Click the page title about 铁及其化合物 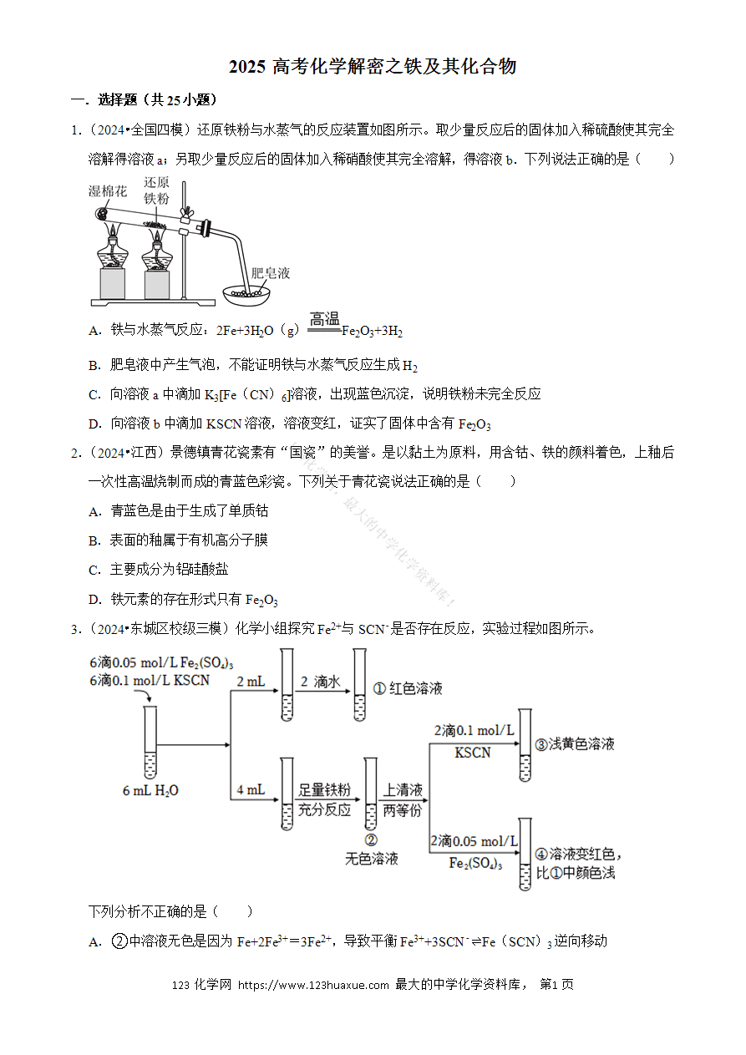point(373,67)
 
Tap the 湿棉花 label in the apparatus point(108,191)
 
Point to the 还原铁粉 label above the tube point(156,190)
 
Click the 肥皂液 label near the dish point(271,273)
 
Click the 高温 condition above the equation point(324,319)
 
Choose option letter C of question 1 point(94,394)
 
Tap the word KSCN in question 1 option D point(224,424)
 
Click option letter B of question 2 point(94,540)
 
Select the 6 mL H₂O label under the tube point(150,790)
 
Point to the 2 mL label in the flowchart point(251,682)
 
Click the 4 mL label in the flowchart point(251,789)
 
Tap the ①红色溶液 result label point(408,688)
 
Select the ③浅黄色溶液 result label point(575,743)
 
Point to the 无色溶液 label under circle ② point(372,859)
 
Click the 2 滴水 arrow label point(320,682)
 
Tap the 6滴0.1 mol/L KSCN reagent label point(150,680)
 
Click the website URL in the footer point(313,984)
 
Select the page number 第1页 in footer point(556,984)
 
